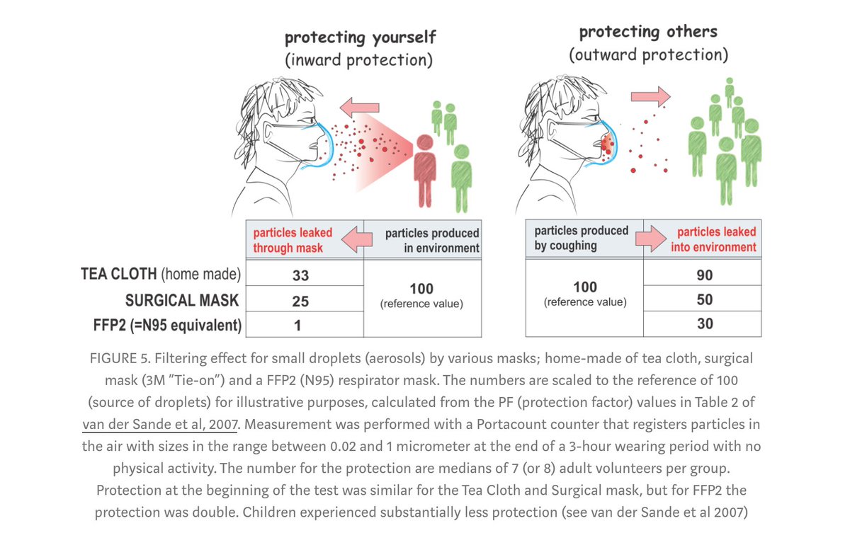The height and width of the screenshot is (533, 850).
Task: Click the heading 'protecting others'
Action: coord(648,32)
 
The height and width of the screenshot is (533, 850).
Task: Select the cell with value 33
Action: coord(300,275)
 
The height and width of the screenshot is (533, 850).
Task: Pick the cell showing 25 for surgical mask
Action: coord(300,301)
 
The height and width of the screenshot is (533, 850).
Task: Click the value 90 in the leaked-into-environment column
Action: coord(704,275)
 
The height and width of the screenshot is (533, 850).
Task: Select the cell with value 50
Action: coord(704,300)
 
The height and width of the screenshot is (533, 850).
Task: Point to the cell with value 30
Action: coord(704,324)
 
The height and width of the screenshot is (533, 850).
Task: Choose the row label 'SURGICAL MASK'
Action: coord(182,300)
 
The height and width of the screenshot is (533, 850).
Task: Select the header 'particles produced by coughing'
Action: coord(581,239)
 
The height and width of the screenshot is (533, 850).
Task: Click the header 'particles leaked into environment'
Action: coord(716,239)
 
